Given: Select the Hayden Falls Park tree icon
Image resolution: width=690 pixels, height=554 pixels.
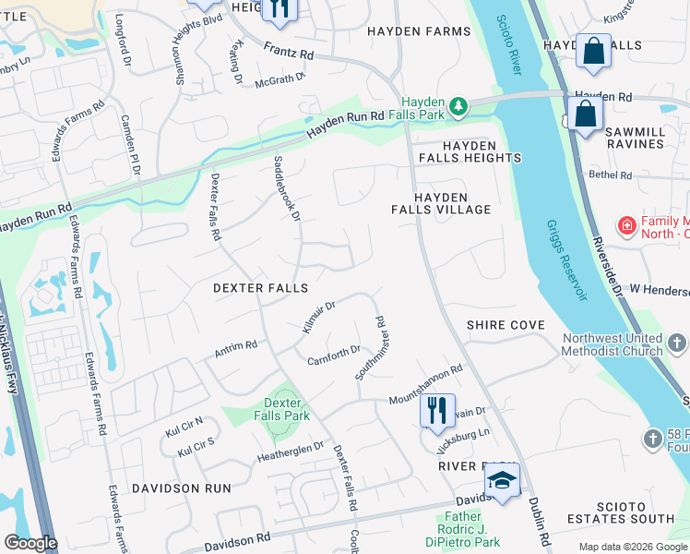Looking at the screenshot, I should pyautogui.click(x=458, y=108).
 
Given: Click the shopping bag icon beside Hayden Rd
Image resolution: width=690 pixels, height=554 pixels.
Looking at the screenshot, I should pyautogui.click(x=585, y=115).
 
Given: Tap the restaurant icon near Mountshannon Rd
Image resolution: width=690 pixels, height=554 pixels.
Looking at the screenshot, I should pyautogui.click(x=437, y=409).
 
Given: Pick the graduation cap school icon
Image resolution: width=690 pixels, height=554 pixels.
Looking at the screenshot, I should pyautogui.click(x=502, y=481).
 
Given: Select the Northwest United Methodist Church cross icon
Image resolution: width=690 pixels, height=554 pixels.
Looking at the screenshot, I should pyautogui.click(x=678, y=343).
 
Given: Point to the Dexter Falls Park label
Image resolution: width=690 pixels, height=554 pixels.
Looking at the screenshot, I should pyautogui.click(x=282, y=409).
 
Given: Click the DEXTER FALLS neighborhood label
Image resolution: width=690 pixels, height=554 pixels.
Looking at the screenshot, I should pyautogui.click(x=260, y=288).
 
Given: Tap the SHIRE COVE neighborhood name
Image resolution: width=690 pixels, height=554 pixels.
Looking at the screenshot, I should pyautogui.click(x=506, y=325).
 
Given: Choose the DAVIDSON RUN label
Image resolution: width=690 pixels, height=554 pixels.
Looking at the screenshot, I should pyautogui.click(x=172, y=487).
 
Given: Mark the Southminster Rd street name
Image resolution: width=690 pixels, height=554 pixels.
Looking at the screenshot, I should pyautogui.click(x=369, y=349).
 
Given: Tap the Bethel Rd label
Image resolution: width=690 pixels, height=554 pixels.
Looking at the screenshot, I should pyautogui.click(x=610, y=175).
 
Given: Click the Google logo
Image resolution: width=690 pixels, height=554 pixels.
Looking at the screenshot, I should pyautogui.click(x=30, y=543).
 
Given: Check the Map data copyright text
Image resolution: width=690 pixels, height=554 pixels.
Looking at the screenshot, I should pyautogui.click(x=632, y=547).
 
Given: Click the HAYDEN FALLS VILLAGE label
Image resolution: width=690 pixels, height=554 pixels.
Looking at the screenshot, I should pyautogui.click(x=452, y=203).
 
